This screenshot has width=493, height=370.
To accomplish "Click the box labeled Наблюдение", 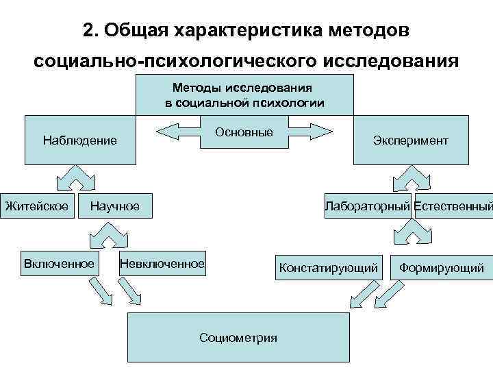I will [80, 140].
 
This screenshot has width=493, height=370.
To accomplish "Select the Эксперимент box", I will [411, 140].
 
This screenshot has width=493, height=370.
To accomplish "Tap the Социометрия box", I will [238, 337].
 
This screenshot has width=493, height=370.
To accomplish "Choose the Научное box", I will [115, 206].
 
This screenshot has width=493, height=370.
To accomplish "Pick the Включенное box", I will [59, 264].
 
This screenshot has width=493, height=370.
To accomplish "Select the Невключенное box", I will [162, 264].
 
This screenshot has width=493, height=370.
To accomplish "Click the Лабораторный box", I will [368, 206].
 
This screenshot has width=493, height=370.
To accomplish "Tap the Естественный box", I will [453, 206].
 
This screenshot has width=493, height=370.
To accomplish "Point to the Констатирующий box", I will [328, 268].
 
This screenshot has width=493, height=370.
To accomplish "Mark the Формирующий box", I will [442, 268].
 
